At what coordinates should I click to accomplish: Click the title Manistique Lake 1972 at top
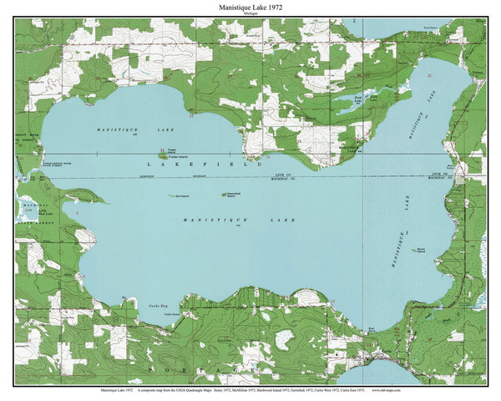click(250, 7)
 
